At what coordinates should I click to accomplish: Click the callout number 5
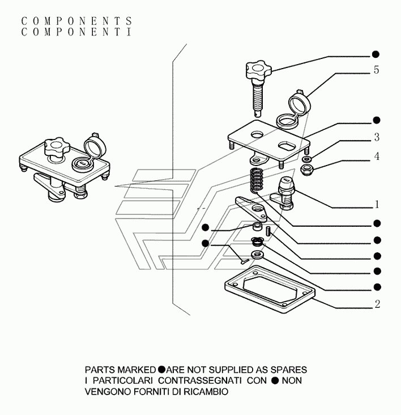tap(377, 70)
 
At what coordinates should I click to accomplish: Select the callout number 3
tap(377, 137)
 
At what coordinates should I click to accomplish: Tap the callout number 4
tap(377, 156)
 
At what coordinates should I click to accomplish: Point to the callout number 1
tap(377, 204)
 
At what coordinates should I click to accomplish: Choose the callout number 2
tap(377, 304)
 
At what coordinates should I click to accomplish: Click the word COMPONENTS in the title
tap(76, 21)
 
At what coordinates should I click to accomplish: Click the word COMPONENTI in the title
tap(76, 32)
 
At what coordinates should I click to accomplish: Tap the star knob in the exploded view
tap(259, 71)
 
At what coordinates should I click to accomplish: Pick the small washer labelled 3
tap(306, 159)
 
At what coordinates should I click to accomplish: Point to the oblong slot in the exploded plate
tap(286, 146)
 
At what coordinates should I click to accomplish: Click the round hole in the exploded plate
tap(258, 134)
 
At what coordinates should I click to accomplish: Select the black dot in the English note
tap(161, 369)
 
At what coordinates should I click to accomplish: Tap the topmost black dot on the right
tap(376, 54)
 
